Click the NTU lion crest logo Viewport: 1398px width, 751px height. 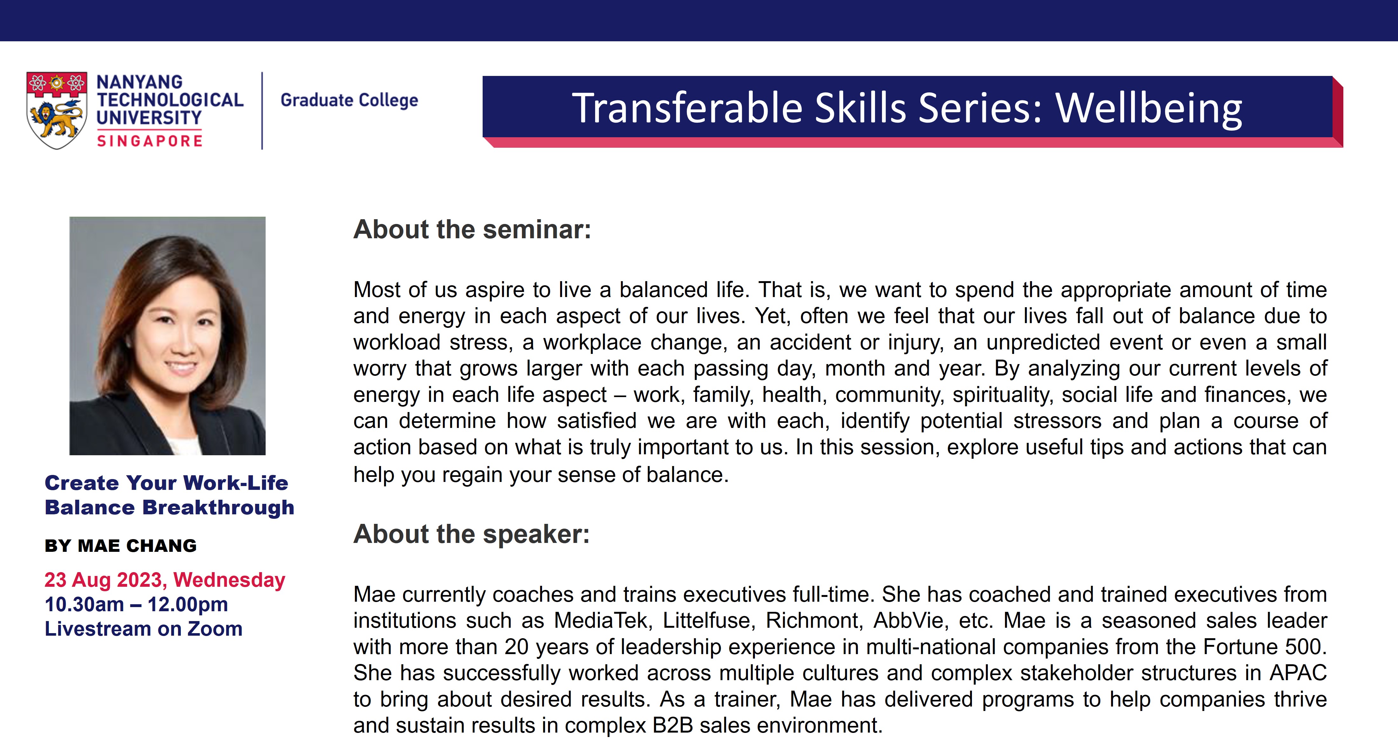pos(57,110)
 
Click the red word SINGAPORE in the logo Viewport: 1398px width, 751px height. pos(150,141)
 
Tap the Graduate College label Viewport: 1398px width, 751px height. pos(349,100)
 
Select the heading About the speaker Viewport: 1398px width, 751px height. pos(471,534)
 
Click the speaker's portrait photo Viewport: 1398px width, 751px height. pos(167,336)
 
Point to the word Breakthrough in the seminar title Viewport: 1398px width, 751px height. pos(218,508)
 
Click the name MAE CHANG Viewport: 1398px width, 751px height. pos(137,545)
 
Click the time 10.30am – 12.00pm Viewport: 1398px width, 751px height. pos(136,605)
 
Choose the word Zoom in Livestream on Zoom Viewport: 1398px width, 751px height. pos(215,629)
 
